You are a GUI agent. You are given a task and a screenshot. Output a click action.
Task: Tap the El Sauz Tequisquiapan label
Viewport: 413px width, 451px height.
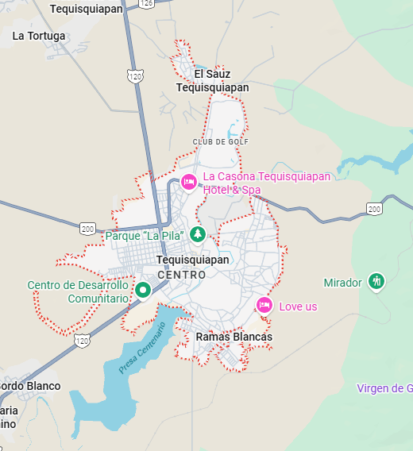(x=212, y=81)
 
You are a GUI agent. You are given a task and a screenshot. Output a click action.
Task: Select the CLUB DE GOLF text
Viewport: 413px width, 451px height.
(x=220, y=142)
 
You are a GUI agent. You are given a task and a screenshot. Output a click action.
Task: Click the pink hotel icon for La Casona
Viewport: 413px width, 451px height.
(x=189, y=182)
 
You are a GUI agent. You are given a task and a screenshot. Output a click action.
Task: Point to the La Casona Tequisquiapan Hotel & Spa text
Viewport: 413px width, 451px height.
(x=266, y=183)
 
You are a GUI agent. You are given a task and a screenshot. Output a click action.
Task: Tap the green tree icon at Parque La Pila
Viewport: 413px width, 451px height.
(x=197, y=234)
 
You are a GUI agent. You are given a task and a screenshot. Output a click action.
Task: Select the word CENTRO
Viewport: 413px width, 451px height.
(x=182, y=275)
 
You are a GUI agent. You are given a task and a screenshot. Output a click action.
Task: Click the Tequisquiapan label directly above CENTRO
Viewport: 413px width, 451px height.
(x=193, y=260)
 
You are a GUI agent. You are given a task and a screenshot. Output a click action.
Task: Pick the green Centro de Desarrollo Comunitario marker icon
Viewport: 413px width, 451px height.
(x=143, y=290)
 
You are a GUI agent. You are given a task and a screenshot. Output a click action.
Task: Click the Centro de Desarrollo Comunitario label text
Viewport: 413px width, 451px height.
(x=77, y=292)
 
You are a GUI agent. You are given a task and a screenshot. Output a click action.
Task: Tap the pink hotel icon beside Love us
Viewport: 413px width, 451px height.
(x=264, y=305)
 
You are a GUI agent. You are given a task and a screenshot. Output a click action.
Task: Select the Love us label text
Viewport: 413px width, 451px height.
(x=298, y=306)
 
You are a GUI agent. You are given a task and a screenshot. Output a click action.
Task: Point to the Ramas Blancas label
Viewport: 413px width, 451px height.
(x=234, y=337)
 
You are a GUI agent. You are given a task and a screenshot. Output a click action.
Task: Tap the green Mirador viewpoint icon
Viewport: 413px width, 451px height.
(x=376, y=282)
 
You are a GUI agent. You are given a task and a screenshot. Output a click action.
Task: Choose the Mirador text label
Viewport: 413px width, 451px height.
(x=343, y=283)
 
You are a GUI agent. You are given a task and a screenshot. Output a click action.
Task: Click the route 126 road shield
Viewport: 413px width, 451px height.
(x=145, y=4)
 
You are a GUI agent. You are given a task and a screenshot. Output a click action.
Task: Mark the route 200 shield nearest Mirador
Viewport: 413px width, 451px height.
(x=375, y=209)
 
